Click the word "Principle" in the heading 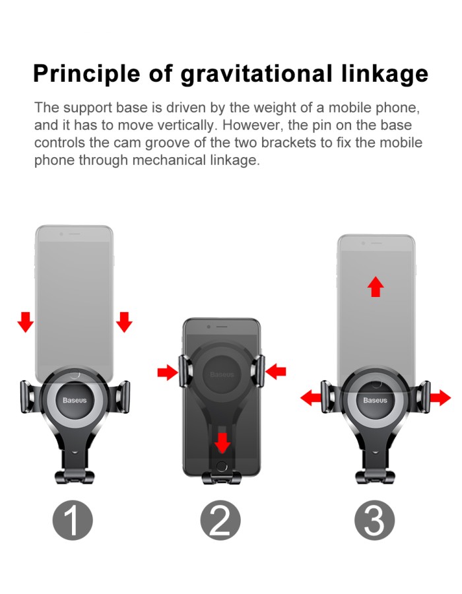coord(86,73)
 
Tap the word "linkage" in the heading coord(385,73)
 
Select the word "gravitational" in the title coord(256,73)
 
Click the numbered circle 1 coord(73,520)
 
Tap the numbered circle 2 coord(220,520)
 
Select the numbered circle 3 coord(374,520)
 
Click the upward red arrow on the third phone coord(376,287)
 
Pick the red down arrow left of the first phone coord(25,322)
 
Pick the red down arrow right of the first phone coord(124,322)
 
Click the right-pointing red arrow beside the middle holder coord(168,372)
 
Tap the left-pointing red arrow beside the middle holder coord(276,371)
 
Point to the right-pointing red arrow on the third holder coord(440,398)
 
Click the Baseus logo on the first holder coord(75,400)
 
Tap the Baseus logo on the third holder coord(375,400)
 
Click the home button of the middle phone coord(222,466)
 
